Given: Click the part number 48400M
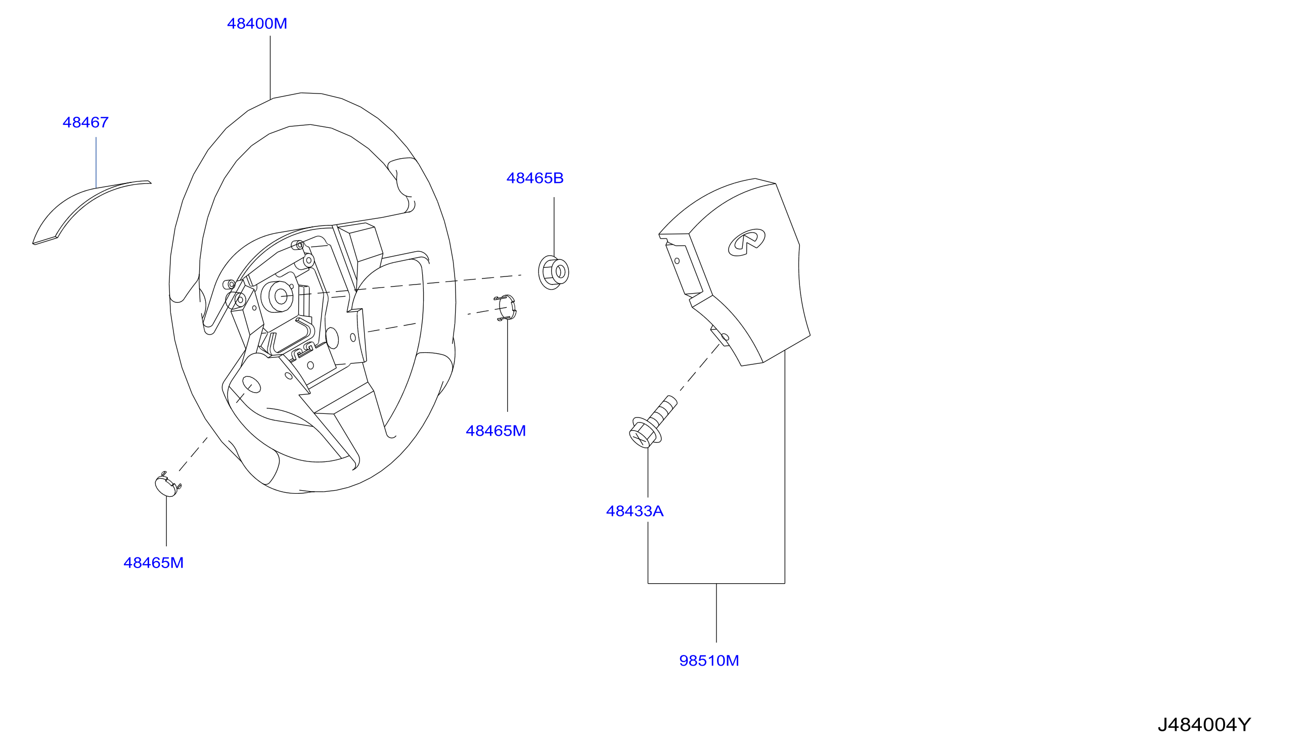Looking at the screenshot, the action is click(x=257, y=24).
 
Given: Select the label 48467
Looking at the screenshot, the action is click(x=85, y=123).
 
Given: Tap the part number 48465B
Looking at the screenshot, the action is click(x=535, y=178).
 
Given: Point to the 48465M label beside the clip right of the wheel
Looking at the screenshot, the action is click(x=496, y=431).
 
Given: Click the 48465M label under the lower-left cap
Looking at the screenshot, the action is click(x=154, y=563).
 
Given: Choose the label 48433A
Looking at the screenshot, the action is click(x=635, y=511).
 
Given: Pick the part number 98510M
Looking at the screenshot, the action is click(x=709, y=661).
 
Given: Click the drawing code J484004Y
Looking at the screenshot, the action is click(x=1204, y=725).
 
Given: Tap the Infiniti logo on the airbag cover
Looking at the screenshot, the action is click(x=747, y=243).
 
